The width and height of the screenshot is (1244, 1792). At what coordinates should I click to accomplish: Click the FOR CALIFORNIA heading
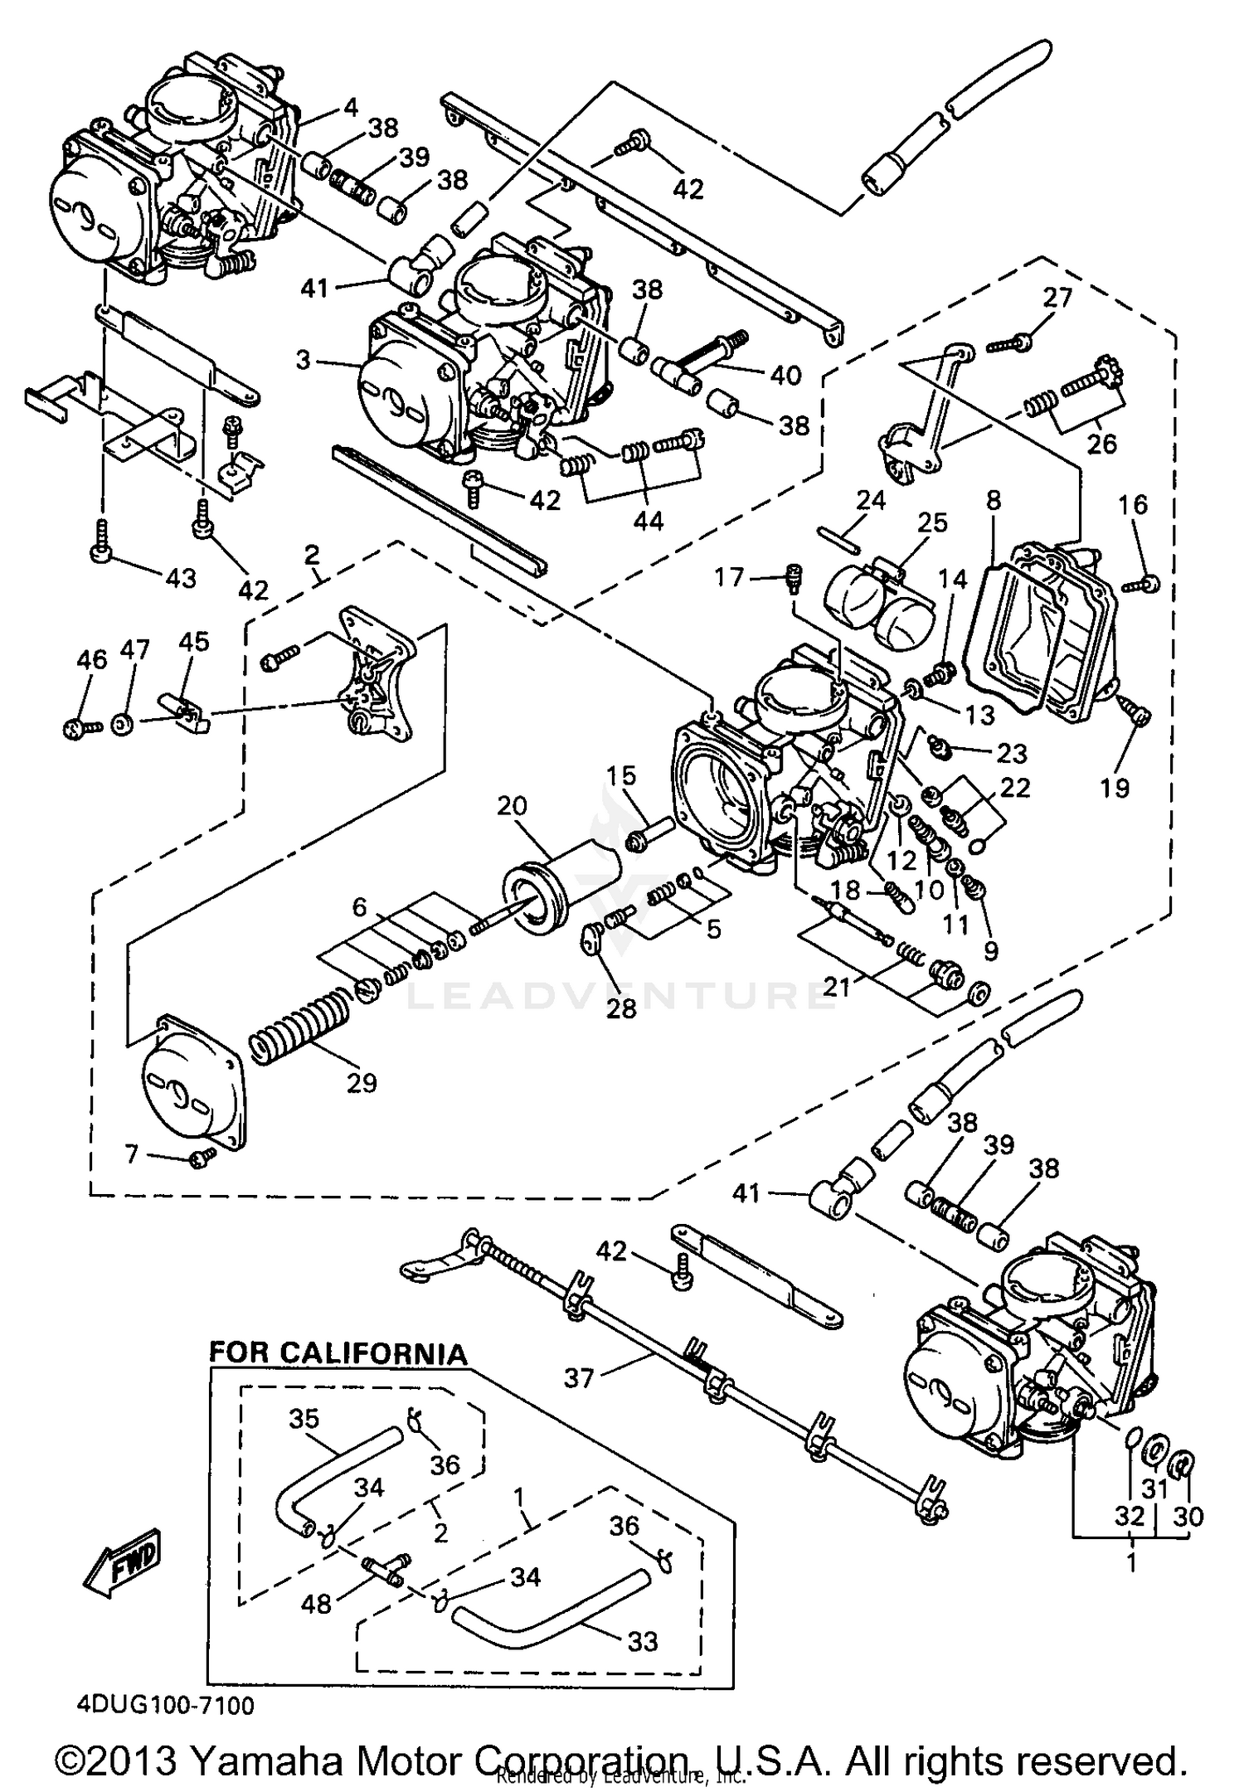point(338,1353)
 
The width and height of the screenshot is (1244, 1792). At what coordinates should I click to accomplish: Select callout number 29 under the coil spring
point(362,1083)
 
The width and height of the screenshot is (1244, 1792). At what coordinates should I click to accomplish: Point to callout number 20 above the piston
point(513,805)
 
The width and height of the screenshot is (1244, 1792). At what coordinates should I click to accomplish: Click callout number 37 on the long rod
point(580,1378)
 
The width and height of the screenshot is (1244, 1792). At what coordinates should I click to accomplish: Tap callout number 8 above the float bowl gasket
point(994,500)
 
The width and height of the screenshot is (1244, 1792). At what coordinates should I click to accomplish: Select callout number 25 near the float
point(932,522)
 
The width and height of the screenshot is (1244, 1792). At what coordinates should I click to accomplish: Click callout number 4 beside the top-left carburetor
point(351,107)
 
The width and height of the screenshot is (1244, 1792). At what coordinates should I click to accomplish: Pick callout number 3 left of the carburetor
point(303,360)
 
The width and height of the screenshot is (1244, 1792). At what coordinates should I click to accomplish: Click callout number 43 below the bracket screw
point(180,578)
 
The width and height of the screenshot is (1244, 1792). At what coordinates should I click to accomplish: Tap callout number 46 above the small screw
point(92,660)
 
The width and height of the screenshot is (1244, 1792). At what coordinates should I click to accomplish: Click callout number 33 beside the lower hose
point(643,1641)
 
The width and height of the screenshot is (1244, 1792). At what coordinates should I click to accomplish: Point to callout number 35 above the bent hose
point(304,1420)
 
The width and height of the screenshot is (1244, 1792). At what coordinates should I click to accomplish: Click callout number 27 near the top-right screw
point(1057,298)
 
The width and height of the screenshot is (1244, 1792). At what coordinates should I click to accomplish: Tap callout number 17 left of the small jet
point(730,576)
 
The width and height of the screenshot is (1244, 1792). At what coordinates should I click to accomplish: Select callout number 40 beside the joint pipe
point(785,376)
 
